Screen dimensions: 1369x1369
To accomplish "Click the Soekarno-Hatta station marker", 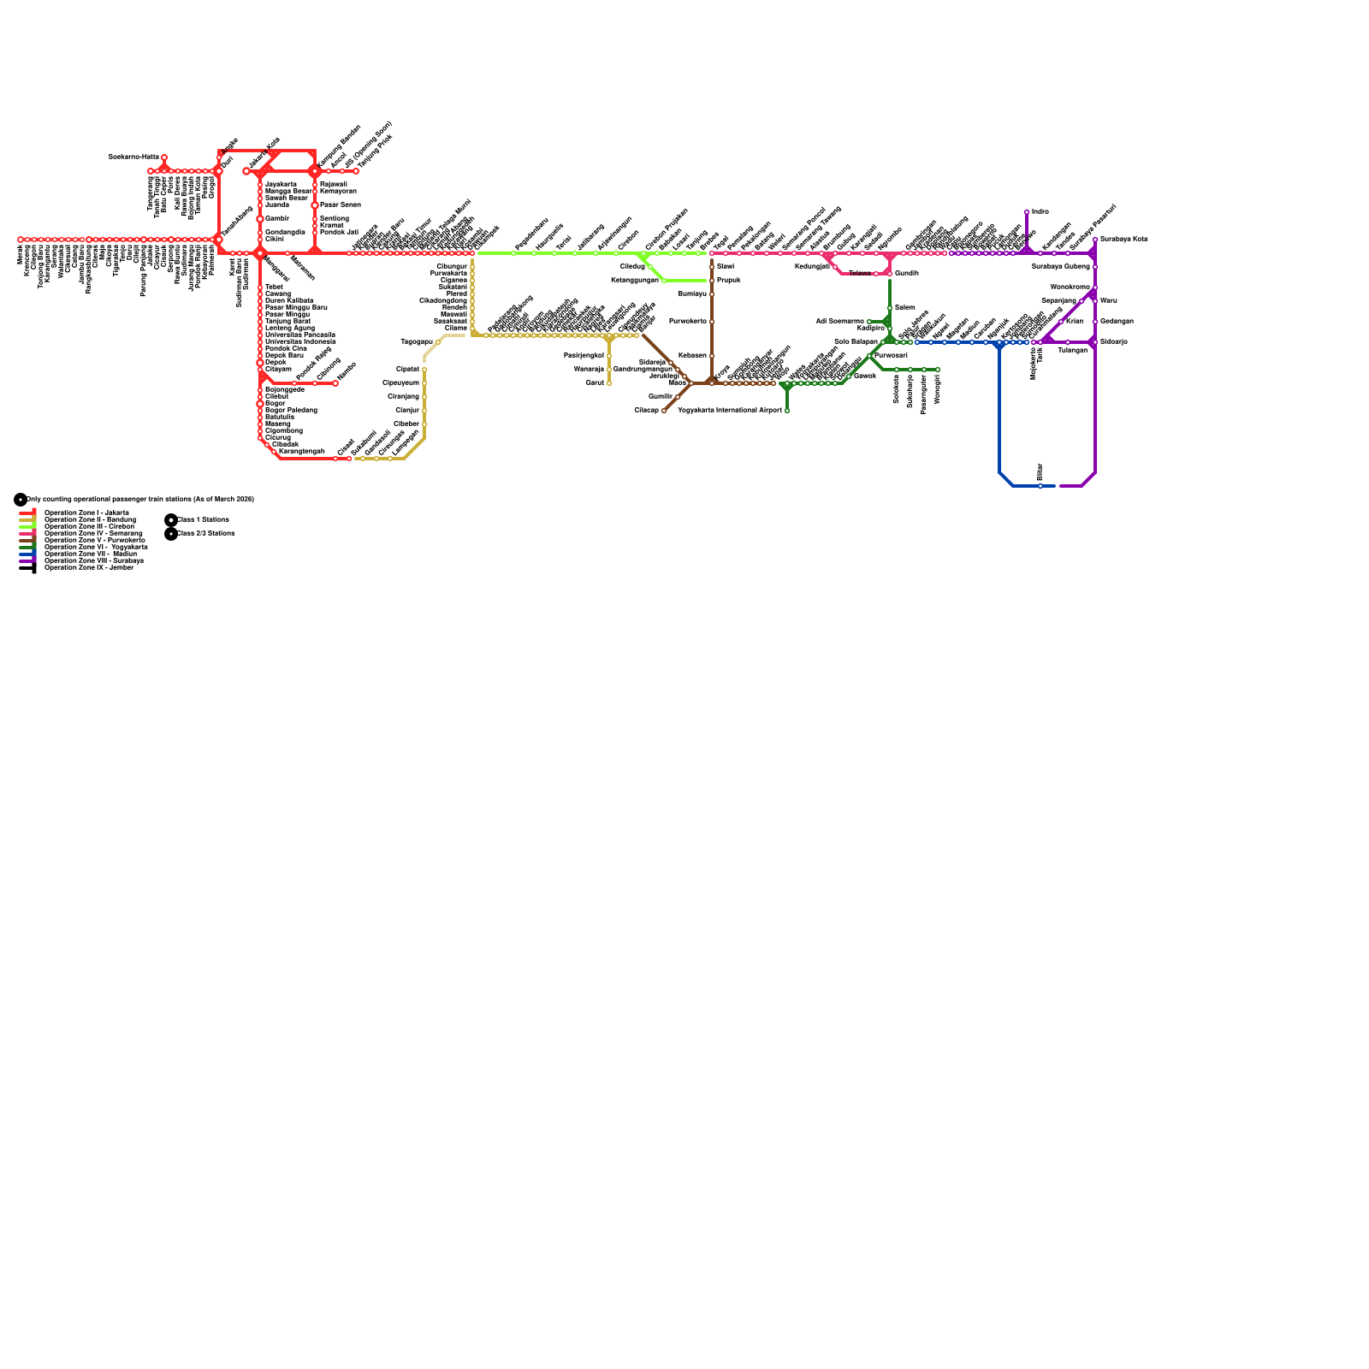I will [x=164, y=157].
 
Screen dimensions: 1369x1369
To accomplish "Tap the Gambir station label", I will [x=276, y=219].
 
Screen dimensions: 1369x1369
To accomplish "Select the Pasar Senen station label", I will [x=340, y=205].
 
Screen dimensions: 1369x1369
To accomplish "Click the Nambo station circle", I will [x=335, y=383].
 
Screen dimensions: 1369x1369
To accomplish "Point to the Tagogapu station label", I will [x=417, y=342].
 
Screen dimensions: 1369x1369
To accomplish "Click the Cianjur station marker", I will [x=424, y=411].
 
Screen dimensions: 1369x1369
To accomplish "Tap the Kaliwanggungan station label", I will [x=635, y=281].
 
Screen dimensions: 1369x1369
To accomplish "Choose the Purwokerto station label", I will [x=688, y=322].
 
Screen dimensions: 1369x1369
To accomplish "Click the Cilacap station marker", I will [x=664, y=411].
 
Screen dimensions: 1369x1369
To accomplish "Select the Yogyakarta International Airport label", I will [x=730, y=411].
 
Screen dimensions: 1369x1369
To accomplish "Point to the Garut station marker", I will [x=609, y=383].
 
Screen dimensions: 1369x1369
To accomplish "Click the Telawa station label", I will [x=859, y=274].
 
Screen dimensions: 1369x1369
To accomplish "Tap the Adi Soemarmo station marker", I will [x=869, y=322].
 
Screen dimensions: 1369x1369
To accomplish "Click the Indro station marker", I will [x=1027, y=212].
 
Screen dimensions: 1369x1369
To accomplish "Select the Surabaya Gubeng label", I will [x=1061, y=267].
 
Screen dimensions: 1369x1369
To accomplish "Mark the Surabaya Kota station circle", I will [x=1095, y=240].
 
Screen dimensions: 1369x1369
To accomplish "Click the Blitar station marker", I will [x=1040, y=486].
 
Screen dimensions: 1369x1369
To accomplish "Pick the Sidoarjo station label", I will [x=1113, y=342].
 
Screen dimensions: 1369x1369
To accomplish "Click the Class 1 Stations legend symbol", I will [x=171, y=519].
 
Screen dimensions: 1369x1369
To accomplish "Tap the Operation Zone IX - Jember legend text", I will [x=89, y=567].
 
